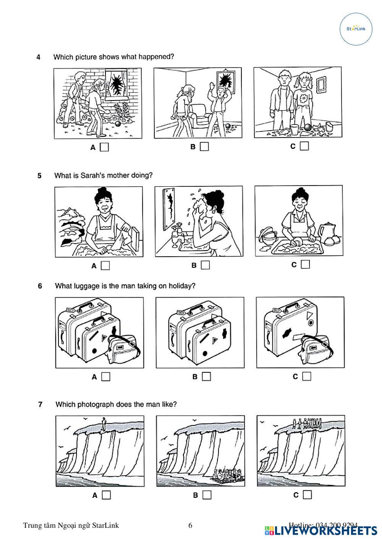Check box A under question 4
(x=104, y=147)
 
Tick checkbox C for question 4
(x=304, y=146)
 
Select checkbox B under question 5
(x=206, y=265)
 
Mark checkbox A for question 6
(x=106, y=377)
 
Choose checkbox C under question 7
(x=307, y=495)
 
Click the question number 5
(x=39, y=176)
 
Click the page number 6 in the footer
(x=190, y=525)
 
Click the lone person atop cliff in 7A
(x=104, y=424)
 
